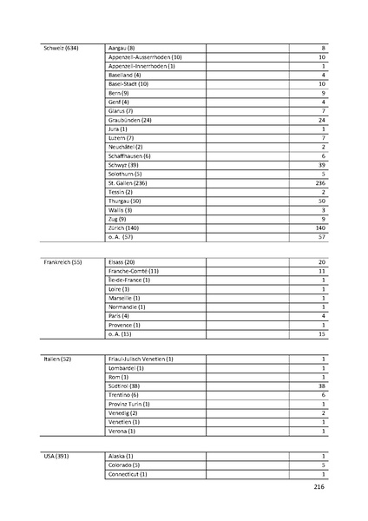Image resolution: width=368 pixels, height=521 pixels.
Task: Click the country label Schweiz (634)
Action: pos(61,47)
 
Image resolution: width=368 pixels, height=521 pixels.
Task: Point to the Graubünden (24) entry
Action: pos(129,120)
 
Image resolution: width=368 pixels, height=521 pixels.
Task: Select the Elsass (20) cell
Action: pos(122,261)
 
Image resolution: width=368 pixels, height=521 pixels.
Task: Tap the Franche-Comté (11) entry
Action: pos(133,271)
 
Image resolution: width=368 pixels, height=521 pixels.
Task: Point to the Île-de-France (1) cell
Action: pos(128,280)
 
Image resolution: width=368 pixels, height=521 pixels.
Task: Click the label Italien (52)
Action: pos(58,359)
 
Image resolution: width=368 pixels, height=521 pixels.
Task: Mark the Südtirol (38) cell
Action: pos(125,386)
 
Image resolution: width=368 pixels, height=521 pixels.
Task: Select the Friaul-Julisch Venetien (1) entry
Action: pos(141,359)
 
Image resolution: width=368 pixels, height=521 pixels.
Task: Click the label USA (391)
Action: pos(56,456)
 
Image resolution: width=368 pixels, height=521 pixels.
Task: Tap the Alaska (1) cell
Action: pos(121,456)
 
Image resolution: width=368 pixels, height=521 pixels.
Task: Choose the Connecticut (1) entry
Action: pos(128,474)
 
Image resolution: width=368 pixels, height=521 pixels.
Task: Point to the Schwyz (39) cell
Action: pos(124,165)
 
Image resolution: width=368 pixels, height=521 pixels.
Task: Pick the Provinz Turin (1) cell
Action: pos(128,404)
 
